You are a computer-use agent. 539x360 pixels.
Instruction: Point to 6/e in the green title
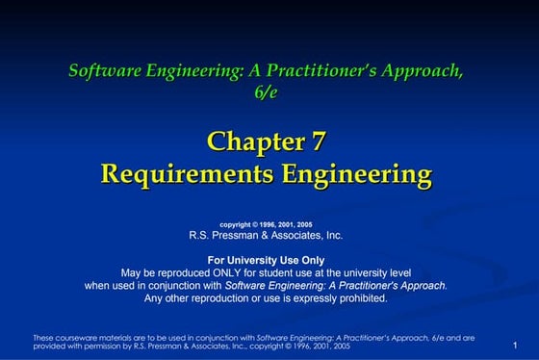(x=266, y=91)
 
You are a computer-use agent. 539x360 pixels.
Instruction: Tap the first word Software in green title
(x=103, y=70)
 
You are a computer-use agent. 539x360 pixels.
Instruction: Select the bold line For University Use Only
(x=266, y=260)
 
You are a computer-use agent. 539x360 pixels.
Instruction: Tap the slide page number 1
(x=517, y=345)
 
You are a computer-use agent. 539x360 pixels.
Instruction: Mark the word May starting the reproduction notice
(x=134, y=272)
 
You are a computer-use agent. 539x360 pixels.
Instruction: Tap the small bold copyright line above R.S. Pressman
(x=266, y=223)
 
